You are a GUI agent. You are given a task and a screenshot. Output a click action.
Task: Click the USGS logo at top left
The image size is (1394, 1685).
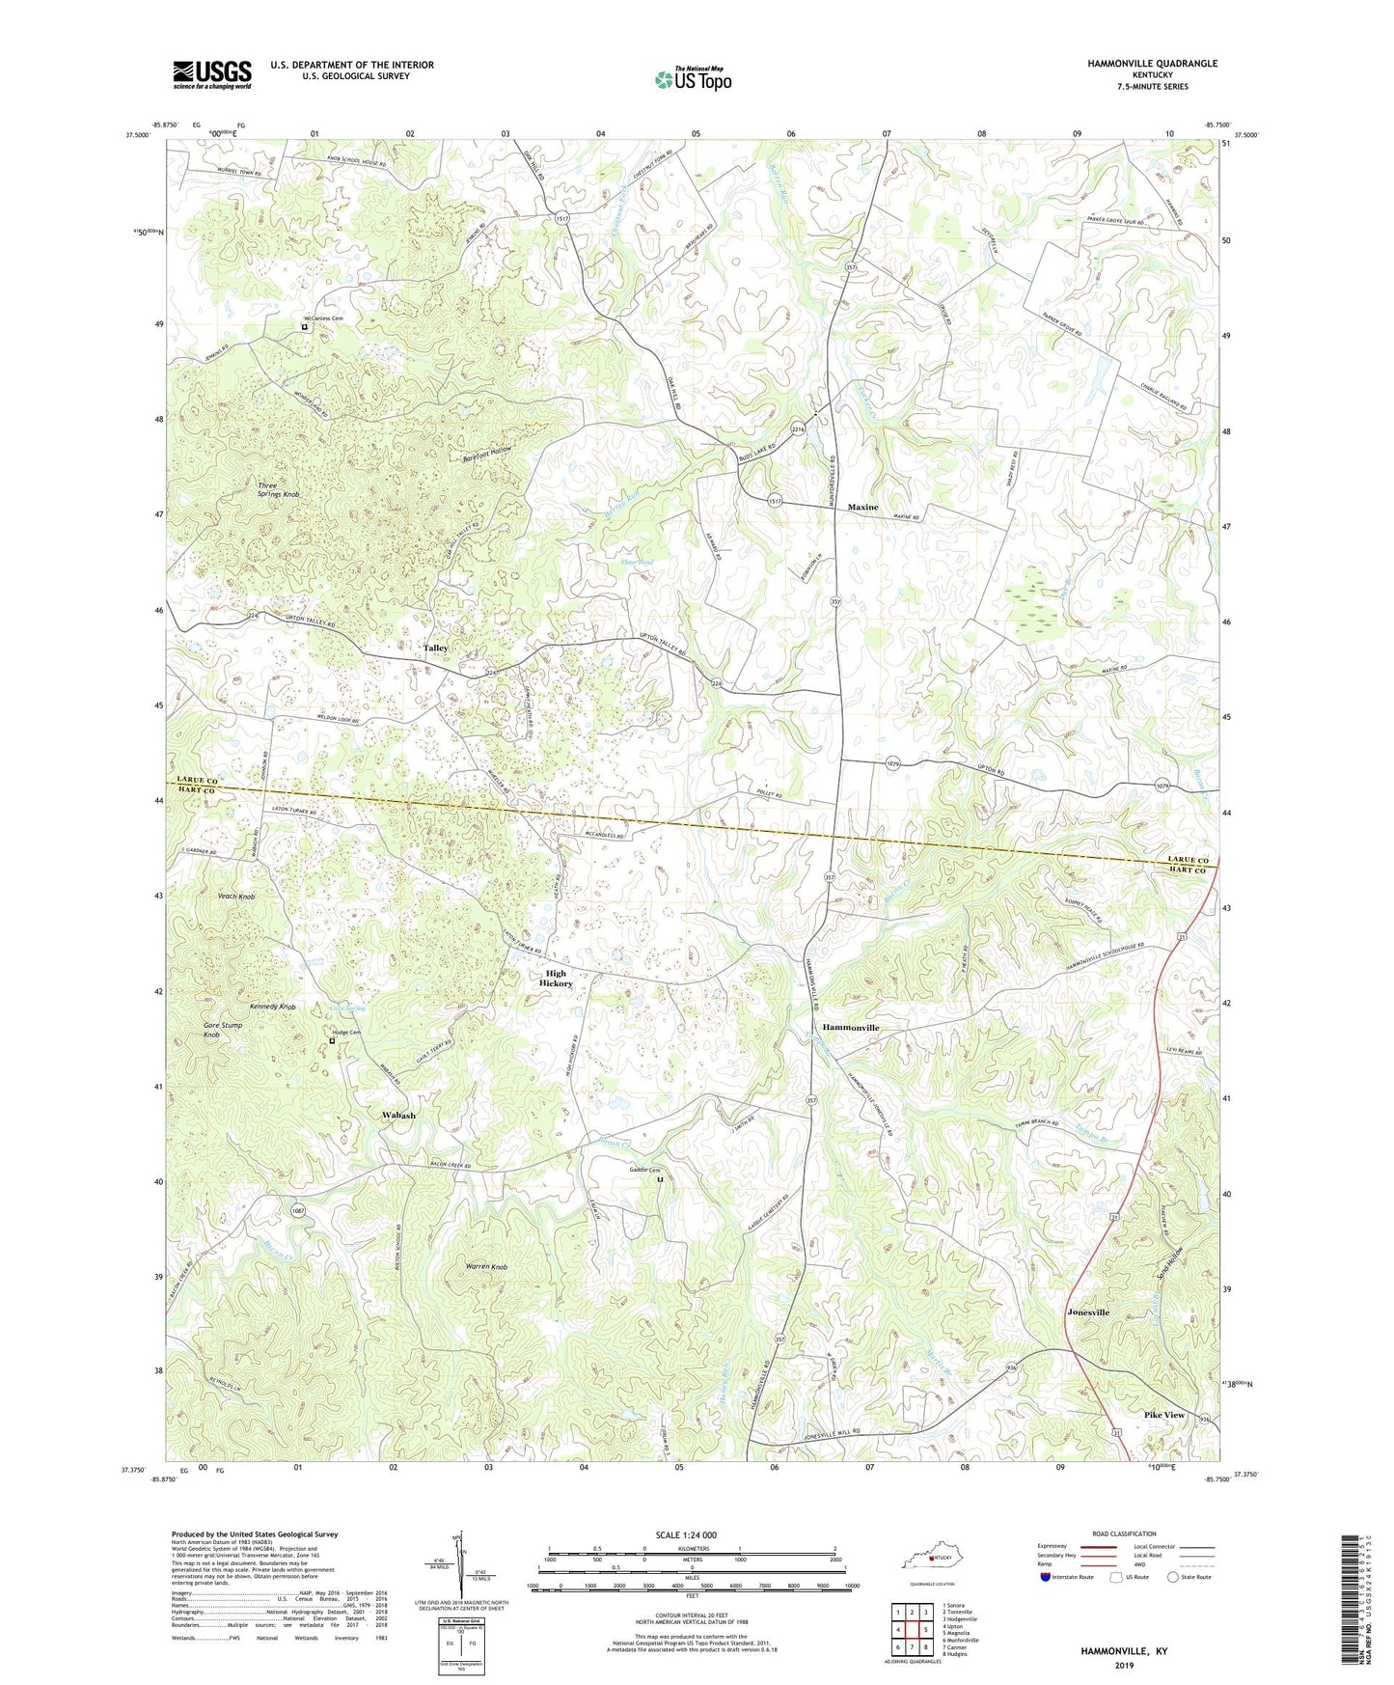click(212, 73)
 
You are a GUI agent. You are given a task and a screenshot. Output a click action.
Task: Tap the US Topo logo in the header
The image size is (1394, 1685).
click(692, 79)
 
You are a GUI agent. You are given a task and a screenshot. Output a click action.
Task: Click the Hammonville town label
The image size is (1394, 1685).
click(850, 1028)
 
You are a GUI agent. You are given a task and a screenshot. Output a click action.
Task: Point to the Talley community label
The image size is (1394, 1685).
click(436, 648)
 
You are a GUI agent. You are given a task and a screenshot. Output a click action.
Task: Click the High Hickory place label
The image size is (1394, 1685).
click(557, 979)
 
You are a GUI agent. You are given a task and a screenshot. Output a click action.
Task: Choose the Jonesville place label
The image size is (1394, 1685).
click(1088, 1312)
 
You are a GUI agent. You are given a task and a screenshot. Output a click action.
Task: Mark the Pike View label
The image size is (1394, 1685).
click(1163, 1415)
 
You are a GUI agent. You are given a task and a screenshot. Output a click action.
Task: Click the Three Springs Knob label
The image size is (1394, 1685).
click(278, 489)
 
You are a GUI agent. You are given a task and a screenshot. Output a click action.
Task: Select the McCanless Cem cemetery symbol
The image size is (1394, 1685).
click(305, 327)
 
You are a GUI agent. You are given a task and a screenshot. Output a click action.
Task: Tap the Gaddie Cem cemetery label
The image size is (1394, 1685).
click(644, 1170)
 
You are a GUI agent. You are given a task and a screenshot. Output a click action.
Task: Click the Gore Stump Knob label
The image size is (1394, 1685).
click(222, 1030)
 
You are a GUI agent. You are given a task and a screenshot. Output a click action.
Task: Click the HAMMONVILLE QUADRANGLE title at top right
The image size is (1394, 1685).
click(1138, 64)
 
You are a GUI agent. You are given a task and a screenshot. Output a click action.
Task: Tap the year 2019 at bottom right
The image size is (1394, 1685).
click(1124, 1665)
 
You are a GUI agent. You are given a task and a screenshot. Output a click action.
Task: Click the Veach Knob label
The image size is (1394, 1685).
click(236, 897)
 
